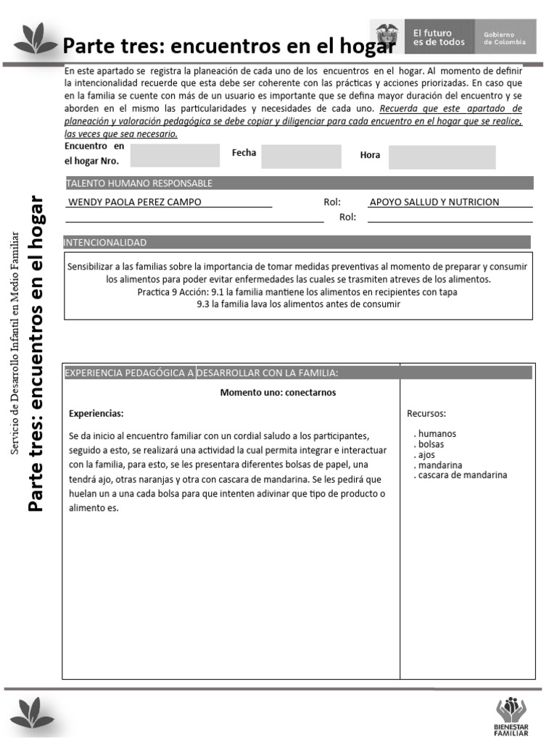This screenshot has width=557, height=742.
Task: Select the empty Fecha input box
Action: [x=301, y=156]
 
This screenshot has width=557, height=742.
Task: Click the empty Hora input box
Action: [x=442, y=157]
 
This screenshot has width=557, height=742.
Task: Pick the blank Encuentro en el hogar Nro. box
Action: [x=174, y=155]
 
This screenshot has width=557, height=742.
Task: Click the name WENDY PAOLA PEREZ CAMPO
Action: [x=134, y=202]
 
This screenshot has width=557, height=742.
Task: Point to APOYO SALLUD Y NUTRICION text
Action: [x=434, y=202]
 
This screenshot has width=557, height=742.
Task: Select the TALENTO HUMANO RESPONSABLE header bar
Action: [x=299, y=183]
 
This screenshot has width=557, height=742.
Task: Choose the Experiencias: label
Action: [x=96, y=414]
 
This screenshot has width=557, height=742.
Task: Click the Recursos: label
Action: [x=426, y=414]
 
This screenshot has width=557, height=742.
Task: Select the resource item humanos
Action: [x=437, y=434]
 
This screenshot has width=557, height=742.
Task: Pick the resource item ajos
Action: [x=426, y=455]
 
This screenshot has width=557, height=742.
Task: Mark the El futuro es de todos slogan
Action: [x=438, y=38]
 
